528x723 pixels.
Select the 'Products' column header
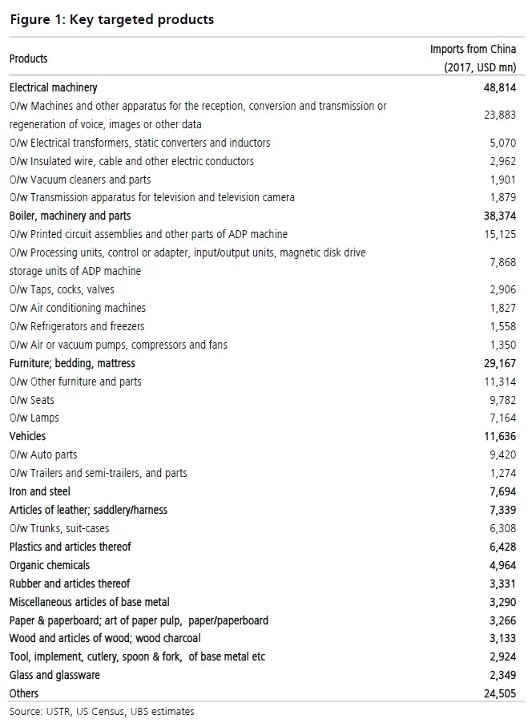coord(28,59)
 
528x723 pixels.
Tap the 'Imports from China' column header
coord(473,58)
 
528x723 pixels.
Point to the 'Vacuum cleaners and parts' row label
coord(80,180)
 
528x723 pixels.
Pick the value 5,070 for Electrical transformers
coord(502,143)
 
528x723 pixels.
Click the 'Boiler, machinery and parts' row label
coord(70,216)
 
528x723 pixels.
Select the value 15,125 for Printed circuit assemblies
coord(498,234)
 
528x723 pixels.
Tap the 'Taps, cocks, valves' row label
coord(62,289)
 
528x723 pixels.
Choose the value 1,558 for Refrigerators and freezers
coord(502,326)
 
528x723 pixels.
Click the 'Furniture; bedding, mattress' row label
coord(72,363)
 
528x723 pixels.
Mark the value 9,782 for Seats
coord(502,400)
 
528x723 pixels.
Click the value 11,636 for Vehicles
coord(498,436)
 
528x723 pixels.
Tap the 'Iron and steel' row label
coord(39,491)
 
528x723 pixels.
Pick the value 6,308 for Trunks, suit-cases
coord(502,528)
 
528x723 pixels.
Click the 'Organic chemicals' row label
coord(49,565)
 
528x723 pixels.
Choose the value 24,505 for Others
coord(498,693)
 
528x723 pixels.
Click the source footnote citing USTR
coord(102,711)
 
